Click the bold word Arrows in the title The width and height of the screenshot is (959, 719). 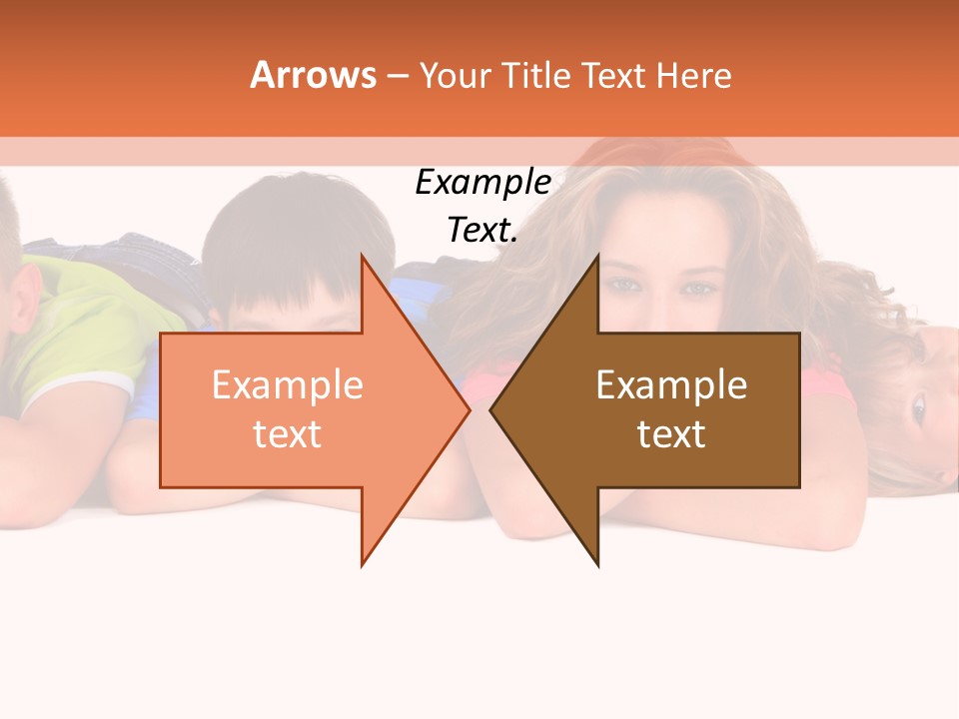click(x=314, y=75)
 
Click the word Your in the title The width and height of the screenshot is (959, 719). click(x=455, y=76)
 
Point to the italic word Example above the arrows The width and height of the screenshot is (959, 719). click(x=483, y=183)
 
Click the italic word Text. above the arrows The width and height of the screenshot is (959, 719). click(x=483, y=231)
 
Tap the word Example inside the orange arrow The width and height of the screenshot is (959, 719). click(x=288, y=385)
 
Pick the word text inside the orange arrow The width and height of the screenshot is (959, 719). click(x=288, y=434)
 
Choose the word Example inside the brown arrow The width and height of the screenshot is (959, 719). click(x=671, y=385)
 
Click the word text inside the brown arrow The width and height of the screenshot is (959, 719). click(x=671, y=434)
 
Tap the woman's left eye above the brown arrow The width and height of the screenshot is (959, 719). click(x=699, y=289)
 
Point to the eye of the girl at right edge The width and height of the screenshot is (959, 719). click(x=917, y=406)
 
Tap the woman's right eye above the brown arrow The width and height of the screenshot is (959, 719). click(x=625, y=285)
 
